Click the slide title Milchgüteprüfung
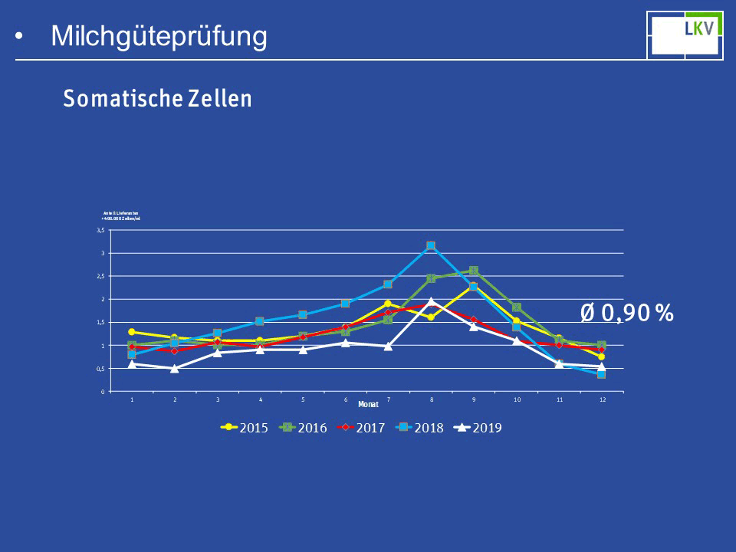[159, 36]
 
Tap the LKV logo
[685, 34]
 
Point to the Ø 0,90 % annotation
[626, 312]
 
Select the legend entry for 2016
[304, 428]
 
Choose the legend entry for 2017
[362, 428]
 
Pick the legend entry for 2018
[420, 428]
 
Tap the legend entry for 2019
[478, 428]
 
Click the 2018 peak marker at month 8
[431, 246]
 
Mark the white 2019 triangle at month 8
[431, 301]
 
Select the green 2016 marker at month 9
[474, 271]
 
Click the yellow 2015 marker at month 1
[132, 332]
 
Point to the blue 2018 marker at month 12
[602, 374]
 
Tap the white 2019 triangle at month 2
[175, 368]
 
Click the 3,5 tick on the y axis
[100, 230]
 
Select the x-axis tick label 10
[517, 399]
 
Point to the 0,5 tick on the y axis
[100, 369]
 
